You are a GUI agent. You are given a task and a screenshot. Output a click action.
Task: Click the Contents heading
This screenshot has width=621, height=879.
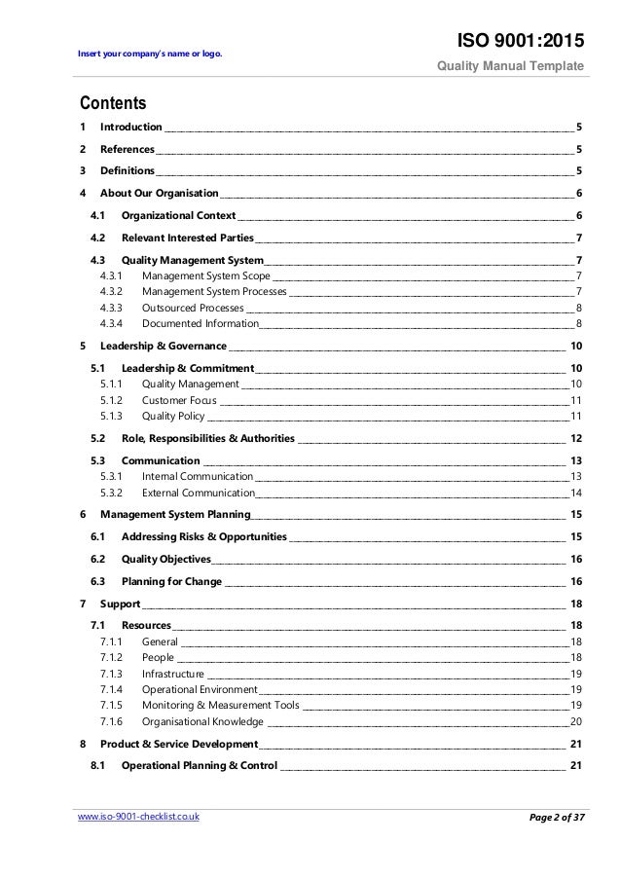pos(113,103)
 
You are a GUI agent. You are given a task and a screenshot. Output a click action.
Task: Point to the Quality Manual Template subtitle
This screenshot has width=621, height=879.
pos(523,66)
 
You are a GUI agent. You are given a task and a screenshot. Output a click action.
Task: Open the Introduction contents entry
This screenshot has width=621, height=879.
pos(130,128)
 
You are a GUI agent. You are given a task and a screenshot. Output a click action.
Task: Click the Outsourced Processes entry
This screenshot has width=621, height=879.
pos(193,307)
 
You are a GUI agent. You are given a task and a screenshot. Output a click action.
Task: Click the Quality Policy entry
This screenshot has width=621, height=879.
pos(172,416)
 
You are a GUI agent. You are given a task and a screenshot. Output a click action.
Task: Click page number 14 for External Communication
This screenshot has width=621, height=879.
pos(576,493)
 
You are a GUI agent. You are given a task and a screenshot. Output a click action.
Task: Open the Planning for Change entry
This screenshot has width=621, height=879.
pos(171,581)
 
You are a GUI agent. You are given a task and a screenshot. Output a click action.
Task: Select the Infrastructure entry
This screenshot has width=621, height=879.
pos(172,674)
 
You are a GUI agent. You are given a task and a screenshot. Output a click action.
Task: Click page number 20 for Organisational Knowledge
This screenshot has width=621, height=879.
pos(576,721)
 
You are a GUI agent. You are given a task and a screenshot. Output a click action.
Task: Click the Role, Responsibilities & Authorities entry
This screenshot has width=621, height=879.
pos(208,438)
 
